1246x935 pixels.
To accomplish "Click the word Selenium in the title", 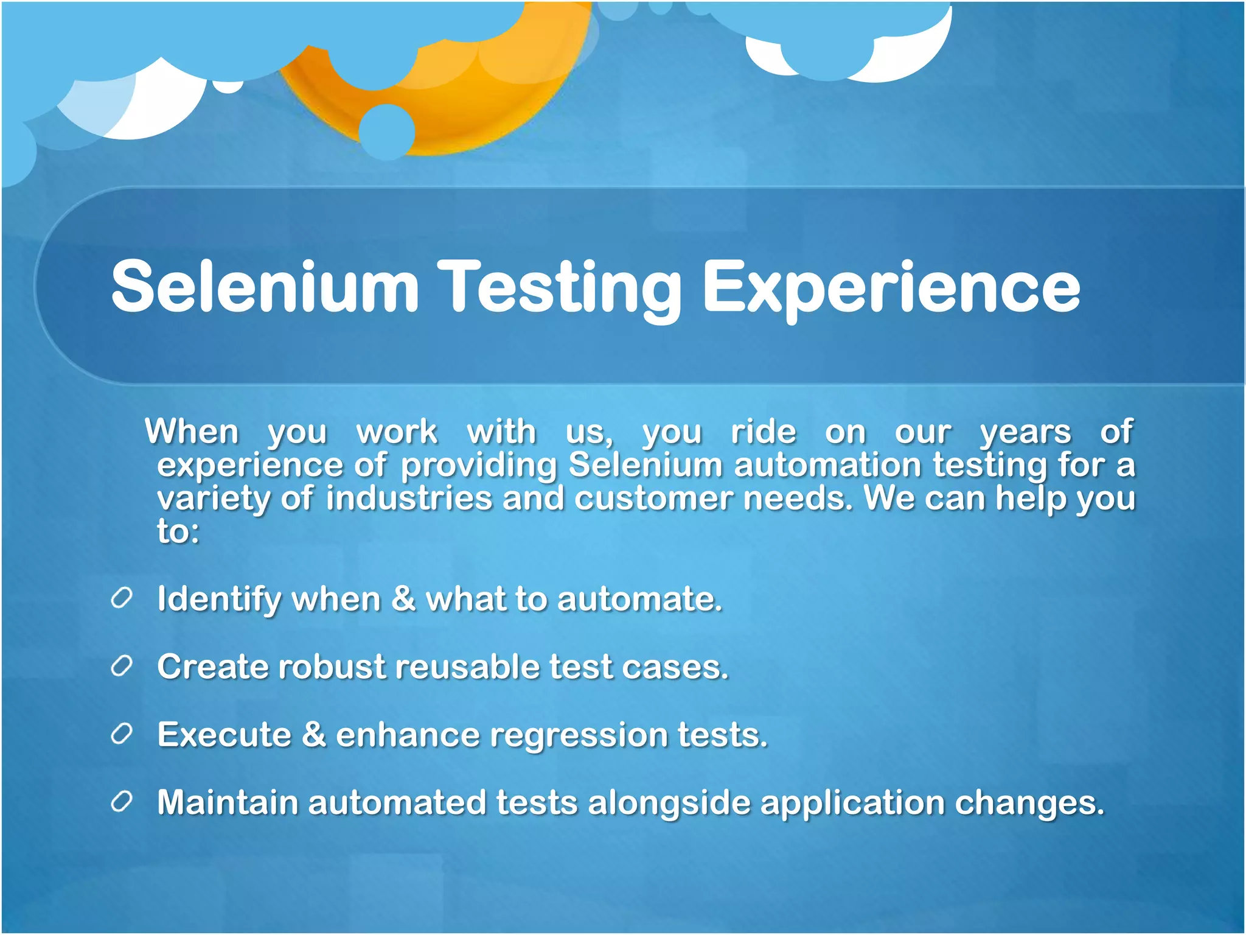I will [x=265, y=286].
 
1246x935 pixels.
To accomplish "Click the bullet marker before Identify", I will [x=122, y=599].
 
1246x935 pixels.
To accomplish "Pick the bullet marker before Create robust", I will [x=122, y=667].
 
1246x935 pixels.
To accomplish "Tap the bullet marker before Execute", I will [x=122, y=735].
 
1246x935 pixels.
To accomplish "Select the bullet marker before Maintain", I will [x=122, y=802].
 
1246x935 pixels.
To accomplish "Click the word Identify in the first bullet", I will [x=219, y=600].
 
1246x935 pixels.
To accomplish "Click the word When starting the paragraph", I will [x=192, y=432].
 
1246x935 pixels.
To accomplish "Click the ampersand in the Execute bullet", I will [x=314, y=734].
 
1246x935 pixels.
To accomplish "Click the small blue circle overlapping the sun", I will [x=387, y=131].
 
